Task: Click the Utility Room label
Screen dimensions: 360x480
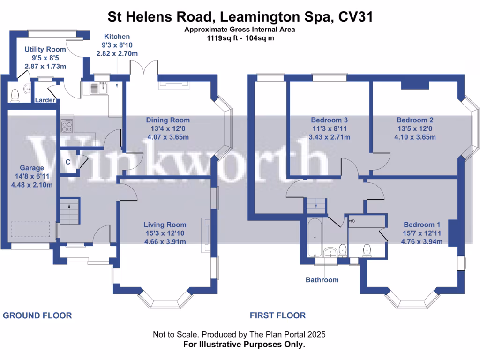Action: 45,49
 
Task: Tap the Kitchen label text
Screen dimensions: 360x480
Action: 117,37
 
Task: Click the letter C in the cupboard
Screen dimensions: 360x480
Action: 68,162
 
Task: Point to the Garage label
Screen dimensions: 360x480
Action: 32,168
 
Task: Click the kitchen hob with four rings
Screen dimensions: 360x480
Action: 67,126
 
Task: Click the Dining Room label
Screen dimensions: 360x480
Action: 168,120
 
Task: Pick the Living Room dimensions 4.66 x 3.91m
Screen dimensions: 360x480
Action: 165,242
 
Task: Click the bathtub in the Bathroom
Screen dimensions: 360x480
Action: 314,237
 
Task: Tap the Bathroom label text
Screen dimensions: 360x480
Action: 322,280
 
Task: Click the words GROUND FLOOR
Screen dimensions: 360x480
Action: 37,315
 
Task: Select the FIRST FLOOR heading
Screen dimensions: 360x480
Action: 277,315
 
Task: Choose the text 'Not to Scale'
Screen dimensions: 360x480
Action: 176,335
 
